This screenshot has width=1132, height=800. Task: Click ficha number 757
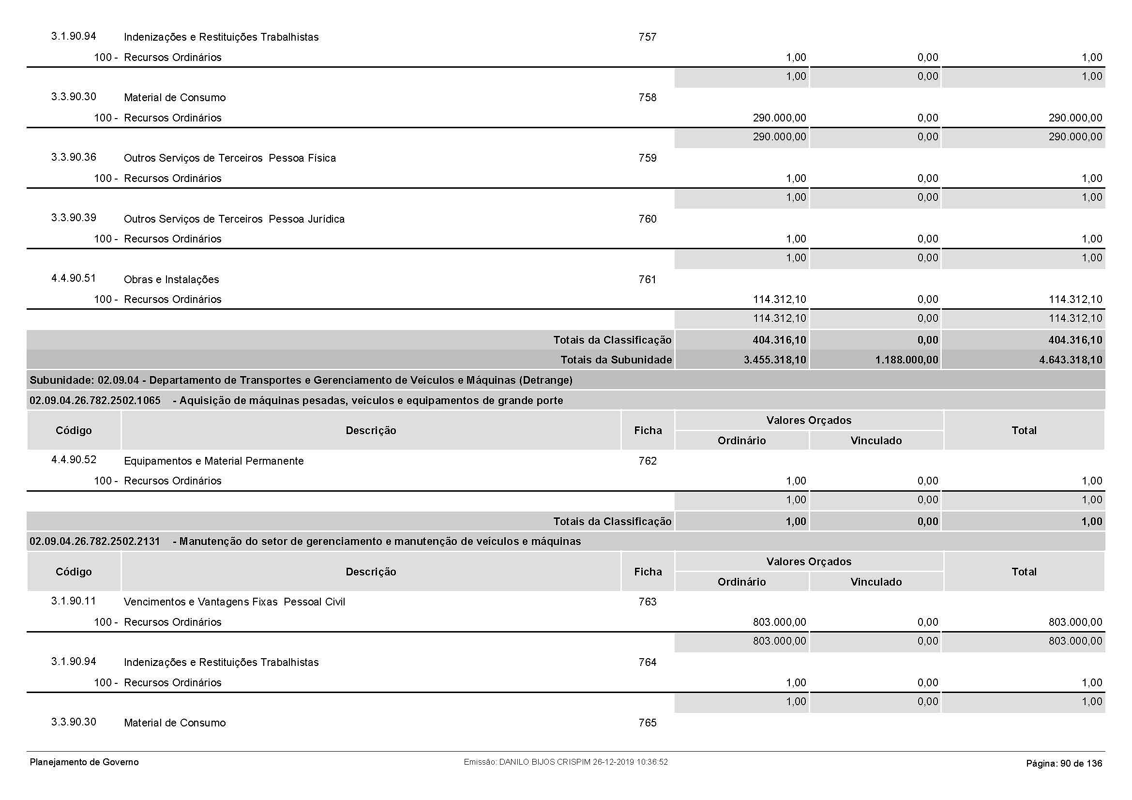click(648, 37)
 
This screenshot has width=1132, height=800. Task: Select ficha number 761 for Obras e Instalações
click(648, 279)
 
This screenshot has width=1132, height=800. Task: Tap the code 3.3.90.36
click(74, 157)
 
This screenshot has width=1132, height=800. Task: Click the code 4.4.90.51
click(74, 278)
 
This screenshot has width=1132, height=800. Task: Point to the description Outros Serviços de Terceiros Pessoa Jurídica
click(234, 219)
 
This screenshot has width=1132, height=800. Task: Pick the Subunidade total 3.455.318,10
click(774, 360)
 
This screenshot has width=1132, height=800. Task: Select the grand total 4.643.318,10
click(1070, 360)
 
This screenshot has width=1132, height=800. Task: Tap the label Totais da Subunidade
click(616, 360)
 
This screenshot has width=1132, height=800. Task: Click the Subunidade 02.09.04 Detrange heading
click(301, 380)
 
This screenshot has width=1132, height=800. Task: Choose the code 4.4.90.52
click(74, 459)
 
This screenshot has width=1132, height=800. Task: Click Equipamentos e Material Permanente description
click(213, 461)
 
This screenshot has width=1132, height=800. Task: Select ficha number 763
click(648, 602)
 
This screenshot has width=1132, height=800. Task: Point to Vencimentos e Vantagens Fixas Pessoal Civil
click(234, 602)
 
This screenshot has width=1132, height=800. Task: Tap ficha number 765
click(648, 723)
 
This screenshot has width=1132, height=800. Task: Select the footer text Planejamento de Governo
click(84, 762)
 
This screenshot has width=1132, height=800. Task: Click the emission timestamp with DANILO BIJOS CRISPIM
click(565, 762)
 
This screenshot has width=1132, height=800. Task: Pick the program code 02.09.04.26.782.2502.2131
click(95, 541)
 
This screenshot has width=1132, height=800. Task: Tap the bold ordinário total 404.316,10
click(779, 340)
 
